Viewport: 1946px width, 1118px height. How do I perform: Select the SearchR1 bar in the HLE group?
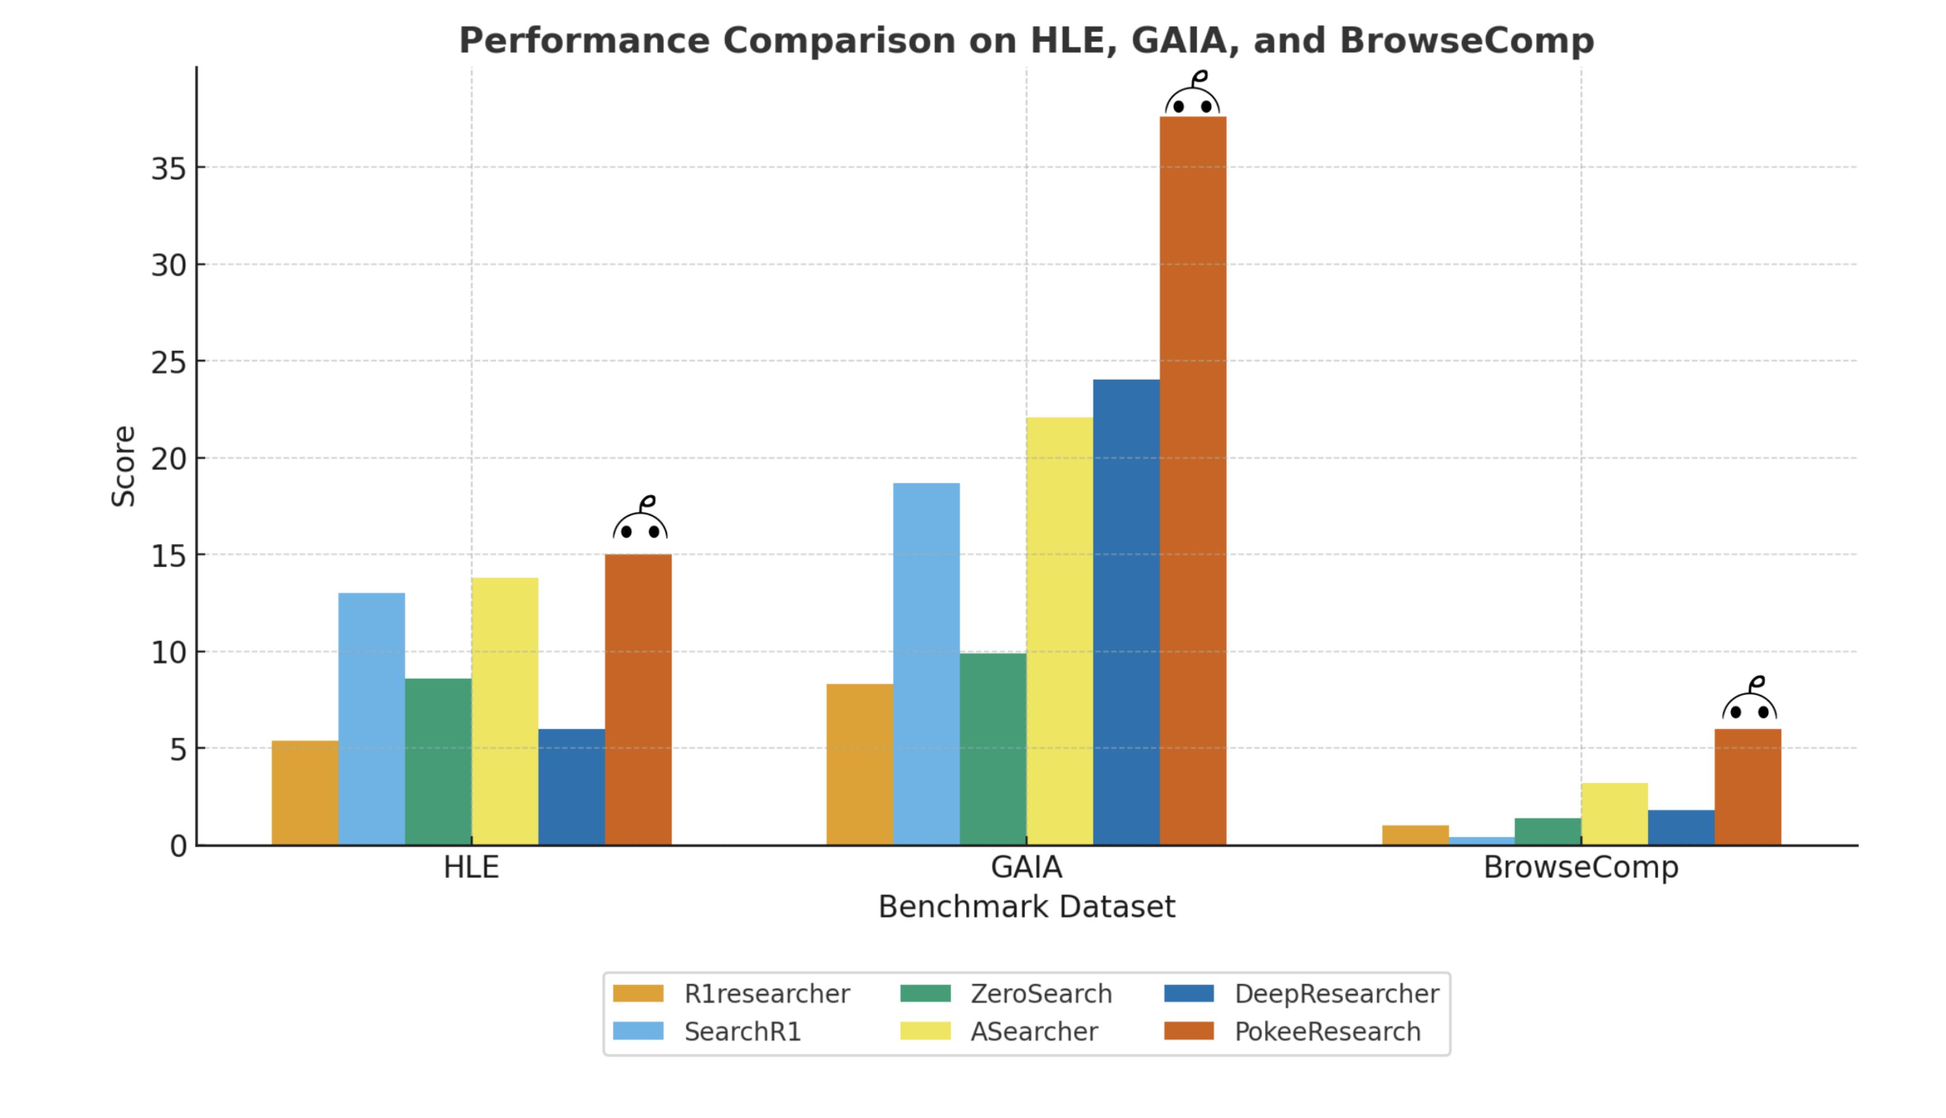click(372, 719)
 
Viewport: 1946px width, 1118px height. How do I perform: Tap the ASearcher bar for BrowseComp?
click(1613, 814)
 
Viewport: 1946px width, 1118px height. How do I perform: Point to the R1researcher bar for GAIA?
click(859, 764)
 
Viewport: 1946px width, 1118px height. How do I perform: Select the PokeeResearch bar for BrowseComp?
click(1747, 787)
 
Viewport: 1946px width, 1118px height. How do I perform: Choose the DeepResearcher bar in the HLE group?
click(571, 787)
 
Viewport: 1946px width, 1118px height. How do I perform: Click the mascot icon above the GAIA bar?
click(1192, 95)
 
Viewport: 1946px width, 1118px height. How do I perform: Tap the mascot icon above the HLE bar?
click(640, 519)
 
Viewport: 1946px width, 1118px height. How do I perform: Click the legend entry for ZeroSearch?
click(1040, 994)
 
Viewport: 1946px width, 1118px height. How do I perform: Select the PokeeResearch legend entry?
click(1327, 1031)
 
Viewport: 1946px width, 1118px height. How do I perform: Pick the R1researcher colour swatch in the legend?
click(638, 994)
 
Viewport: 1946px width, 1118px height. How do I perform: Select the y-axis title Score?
click(123, 466)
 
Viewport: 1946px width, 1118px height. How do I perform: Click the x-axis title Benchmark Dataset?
click(1026, 907)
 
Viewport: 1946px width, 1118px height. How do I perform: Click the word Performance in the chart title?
click(584, 41)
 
